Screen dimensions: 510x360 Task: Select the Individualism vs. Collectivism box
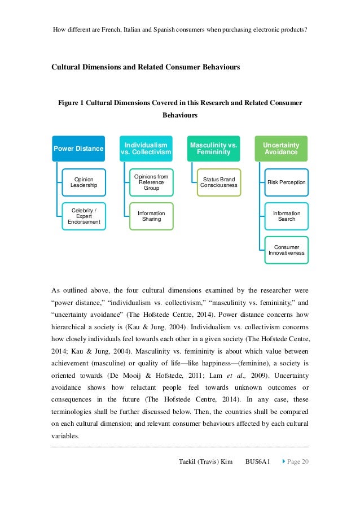pyautogui.click(x=146, y=149)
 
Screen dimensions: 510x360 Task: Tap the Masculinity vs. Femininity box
pyautogui.click(x=213, y=149)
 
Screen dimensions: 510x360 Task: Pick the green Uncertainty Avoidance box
pyautogui.click(x=281, y=149)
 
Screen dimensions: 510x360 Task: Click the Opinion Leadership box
pyautogui.click(x=84, y=182)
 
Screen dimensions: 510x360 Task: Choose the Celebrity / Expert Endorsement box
pyautogui.click(x=84, y=216)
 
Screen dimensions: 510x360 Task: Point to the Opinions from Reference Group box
pyautogui.click(x=151, y=182)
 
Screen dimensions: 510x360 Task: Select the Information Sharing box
pyautogui.click(x=151, y=216)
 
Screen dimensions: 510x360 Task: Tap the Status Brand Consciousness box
pyautogui.click(x=219, y=182)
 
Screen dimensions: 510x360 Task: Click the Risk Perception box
pyautogui.click(x=286, y=182)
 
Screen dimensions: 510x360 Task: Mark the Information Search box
pyautogui.click(x=286, y=216)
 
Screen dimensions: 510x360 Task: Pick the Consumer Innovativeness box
pyautogui.click(x=286, y=250)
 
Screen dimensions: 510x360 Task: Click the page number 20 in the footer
pyautogui.click(x=305, y=462)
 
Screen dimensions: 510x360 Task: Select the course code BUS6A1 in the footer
pyautogui.click(x=257, y=462)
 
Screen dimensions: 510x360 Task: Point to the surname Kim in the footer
pyautogui.click(x=225, y=462)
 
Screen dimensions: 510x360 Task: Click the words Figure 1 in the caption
pyautogui.click(x=74, y=103)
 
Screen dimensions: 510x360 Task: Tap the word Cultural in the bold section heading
pyautogui.click(x=68, y=67)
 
